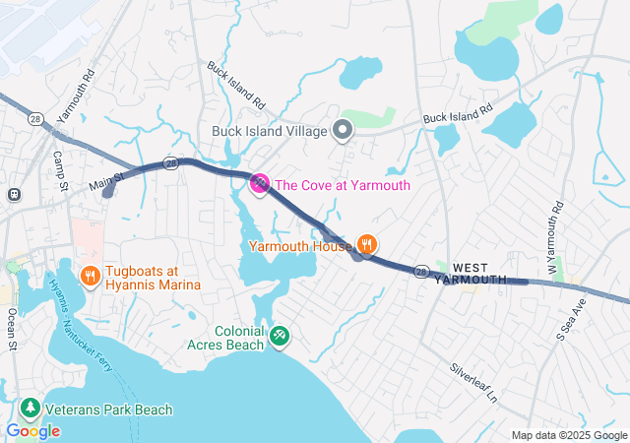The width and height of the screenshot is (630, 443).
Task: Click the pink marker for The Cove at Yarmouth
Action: tap(260, 183)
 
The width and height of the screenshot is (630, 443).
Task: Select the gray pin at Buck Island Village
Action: tap(343, 130)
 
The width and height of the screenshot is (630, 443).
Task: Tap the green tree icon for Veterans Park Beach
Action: tap(31, 409)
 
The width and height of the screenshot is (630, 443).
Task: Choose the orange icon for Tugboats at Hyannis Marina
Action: tap(90, 277)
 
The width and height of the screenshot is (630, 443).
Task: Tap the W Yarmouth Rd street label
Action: tap(555, 237)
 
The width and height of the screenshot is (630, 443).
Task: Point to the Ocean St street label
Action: tap(12, 328)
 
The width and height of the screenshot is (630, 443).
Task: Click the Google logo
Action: tap(32, 430)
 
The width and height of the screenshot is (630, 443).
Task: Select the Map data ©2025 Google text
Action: tap(568, 435)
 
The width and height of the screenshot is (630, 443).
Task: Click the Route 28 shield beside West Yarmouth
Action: tap(421, 271)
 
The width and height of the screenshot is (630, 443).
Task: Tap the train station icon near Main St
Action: tap(13, 194)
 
